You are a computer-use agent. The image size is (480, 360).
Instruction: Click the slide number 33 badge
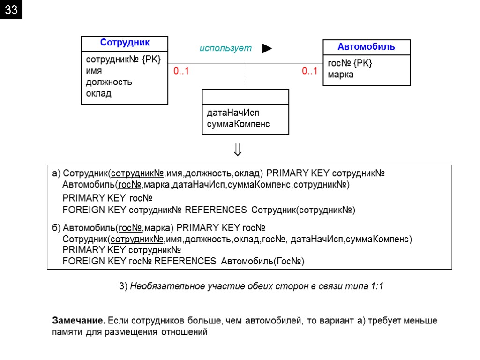pyautogui.click(x=11, y=10)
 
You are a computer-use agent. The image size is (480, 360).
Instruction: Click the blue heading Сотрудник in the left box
pyautogui.click(x=125, y=43)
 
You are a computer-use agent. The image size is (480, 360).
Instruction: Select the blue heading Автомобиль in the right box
pyautogui.click(x=367, y=46)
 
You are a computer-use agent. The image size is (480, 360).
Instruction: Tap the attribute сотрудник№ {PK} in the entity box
pyautogui.click(x=123, y=60)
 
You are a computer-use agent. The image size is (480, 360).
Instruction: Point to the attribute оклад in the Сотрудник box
pyautogui.click(x=98, y=93)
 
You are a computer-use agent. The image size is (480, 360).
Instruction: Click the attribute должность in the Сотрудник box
pyautogui.click(x=109, y=82)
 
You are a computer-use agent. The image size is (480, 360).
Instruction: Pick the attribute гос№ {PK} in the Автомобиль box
pyautogui.click(x=350, y=63)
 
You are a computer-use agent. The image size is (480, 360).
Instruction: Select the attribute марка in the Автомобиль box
pyautogui.click(x=341, y=75)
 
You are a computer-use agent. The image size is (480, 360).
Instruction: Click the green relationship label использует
pyautogui.click(x=225, y=48)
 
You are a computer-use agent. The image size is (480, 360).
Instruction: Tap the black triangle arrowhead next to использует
pyautogui.click(x=267, y=48)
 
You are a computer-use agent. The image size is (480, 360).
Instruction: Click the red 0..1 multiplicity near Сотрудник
pyautogui.click(x=181, y=72)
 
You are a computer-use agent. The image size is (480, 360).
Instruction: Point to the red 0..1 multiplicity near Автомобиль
pyautogui.click(x=309, y=71)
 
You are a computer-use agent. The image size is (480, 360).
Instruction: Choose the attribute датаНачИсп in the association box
pyautogui.click(x=233, y=113)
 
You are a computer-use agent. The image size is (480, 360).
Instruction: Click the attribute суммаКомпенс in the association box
pyautogui.click(x=238, y=124)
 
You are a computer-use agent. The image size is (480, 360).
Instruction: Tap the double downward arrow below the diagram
pyautogui.click(x=238, y=150)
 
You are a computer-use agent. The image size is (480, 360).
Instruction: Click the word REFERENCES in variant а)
pyautogui.click(x=216, y=210)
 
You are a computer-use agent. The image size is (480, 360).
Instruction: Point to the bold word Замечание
pyautogui.click(x=78, y=321)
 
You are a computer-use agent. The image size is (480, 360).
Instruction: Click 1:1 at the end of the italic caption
pyautogui.click(x=376, y=286)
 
